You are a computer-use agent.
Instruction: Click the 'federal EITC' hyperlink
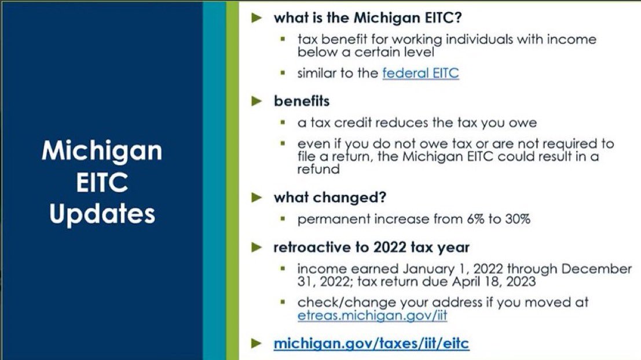pos(420,74)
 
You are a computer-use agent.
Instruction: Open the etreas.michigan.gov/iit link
pos(372,316)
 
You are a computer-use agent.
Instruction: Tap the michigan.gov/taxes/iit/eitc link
pos(371,343)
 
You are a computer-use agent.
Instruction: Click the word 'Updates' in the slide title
pos(102,214)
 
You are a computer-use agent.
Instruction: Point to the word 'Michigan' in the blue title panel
pos(102,152)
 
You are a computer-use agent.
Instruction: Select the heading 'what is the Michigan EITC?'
pos(368,17)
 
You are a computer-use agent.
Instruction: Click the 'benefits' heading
pos(302,101)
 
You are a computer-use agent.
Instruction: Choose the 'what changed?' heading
pos(330,197)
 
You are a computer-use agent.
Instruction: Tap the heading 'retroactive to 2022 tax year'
pos(372,248)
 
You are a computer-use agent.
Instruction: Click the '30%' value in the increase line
pos(517,219)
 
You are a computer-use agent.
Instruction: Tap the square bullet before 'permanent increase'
pos(283,220)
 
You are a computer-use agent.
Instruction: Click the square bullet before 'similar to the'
pos(283,74)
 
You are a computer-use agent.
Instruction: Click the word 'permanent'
pos(331,220)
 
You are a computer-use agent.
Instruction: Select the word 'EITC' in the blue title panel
pos(102,183)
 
